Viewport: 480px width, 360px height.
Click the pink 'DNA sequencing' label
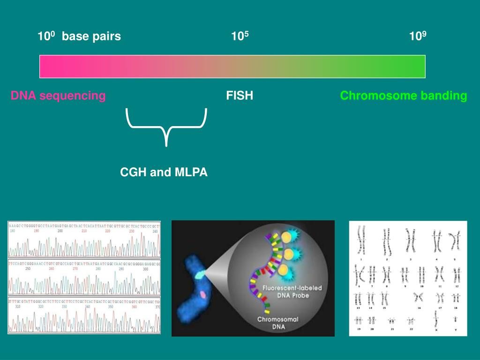point(58,96)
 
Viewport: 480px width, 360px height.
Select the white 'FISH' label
point(240,96)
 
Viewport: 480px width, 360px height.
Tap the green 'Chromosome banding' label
point(403,96)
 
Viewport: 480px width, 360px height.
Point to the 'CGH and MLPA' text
point(164,172)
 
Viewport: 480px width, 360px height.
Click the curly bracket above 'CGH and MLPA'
point(166,126)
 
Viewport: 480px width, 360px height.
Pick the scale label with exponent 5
point(240,36)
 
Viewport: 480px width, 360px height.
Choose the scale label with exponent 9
point(418,36)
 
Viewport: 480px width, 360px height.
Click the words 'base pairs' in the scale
point(91,37)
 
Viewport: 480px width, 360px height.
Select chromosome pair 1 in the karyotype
point(361,241)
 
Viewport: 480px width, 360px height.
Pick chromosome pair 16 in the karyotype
point(419,298)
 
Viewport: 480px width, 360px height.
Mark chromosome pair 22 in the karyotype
point(411,321)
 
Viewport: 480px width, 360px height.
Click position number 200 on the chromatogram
point(60,231)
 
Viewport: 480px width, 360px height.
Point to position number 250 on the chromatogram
point(28,269)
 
